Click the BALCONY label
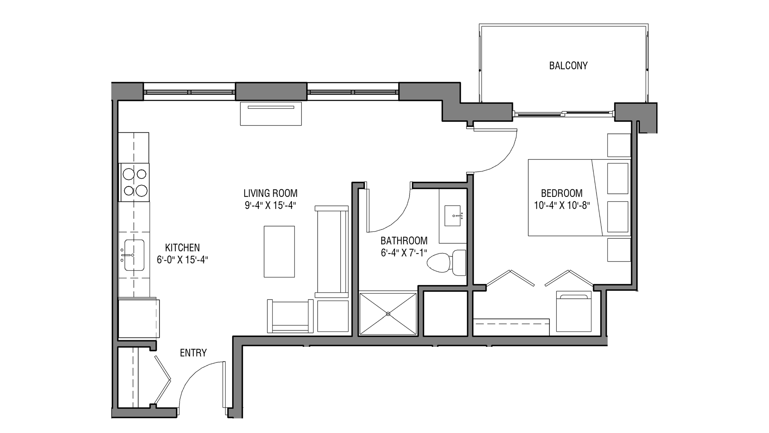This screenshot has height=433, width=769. [x=568, y=66]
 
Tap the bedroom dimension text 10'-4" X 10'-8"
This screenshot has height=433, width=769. [x=562, y=205]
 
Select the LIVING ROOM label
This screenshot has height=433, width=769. [x=270, y=193]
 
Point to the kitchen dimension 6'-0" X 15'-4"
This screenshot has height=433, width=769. [x=182, y=260]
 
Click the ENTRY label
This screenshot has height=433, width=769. [x=193, y=353]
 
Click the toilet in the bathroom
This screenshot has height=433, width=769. [x=446, y=262]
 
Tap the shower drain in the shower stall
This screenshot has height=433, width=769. [x=388, y=314]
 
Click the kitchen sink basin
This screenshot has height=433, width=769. [x=134, y=255]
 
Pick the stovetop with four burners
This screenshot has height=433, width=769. [x=135, y=182]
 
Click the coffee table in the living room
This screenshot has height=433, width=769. [x=279, y=251]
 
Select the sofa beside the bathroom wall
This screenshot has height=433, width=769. [x=331, y=251]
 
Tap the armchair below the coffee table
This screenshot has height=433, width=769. [x=290, y=316]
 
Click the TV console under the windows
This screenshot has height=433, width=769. [x=271, y=113]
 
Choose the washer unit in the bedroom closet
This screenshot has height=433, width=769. [x=574, y=311]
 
